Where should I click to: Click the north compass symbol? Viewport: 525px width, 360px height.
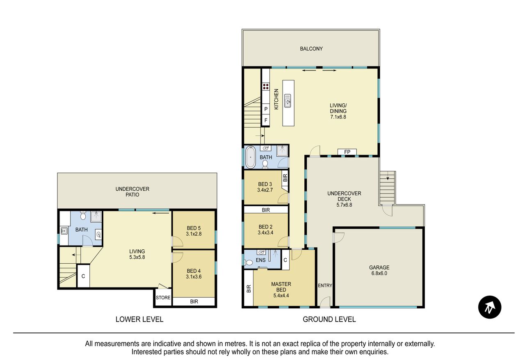pos(489,307)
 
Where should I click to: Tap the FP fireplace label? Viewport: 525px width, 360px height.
pos(347,152)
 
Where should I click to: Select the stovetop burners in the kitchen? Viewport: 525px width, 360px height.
pos(265,86)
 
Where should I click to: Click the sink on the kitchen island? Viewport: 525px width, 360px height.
pos(288,101)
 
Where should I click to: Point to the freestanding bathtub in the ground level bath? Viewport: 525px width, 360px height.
pos(250,157)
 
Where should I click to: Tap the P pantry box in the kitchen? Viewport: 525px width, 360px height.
pos(266,109)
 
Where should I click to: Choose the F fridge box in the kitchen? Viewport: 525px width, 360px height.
pos(266,121)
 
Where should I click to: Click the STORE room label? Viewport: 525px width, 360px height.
pos(163,298)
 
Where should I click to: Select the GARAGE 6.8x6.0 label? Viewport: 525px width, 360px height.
pos(379,270)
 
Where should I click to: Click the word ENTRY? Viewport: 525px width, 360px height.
pos(325,285)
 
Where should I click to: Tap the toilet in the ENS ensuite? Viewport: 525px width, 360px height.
pos(249,262)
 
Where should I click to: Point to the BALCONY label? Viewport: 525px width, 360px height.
pos(311,49)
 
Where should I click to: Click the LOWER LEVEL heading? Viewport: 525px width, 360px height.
pos(139,319)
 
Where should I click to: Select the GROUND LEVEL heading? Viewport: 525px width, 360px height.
pos(329,319)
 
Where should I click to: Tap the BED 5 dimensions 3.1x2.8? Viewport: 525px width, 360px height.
pos(194,234)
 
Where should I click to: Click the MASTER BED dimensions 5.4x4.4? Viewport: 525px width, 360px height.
pos(281,296)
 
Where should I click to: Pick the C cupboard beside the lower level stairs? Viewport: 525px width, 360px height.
pos(83,276)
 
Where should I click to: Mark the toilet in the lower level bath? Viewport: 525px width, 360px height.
pos(83,215)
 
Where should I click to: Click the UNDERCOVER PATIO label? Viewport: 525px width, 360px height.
pos(132,192)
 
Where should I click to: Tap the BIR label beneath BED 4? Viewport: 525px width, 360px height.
pos(194,301)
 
